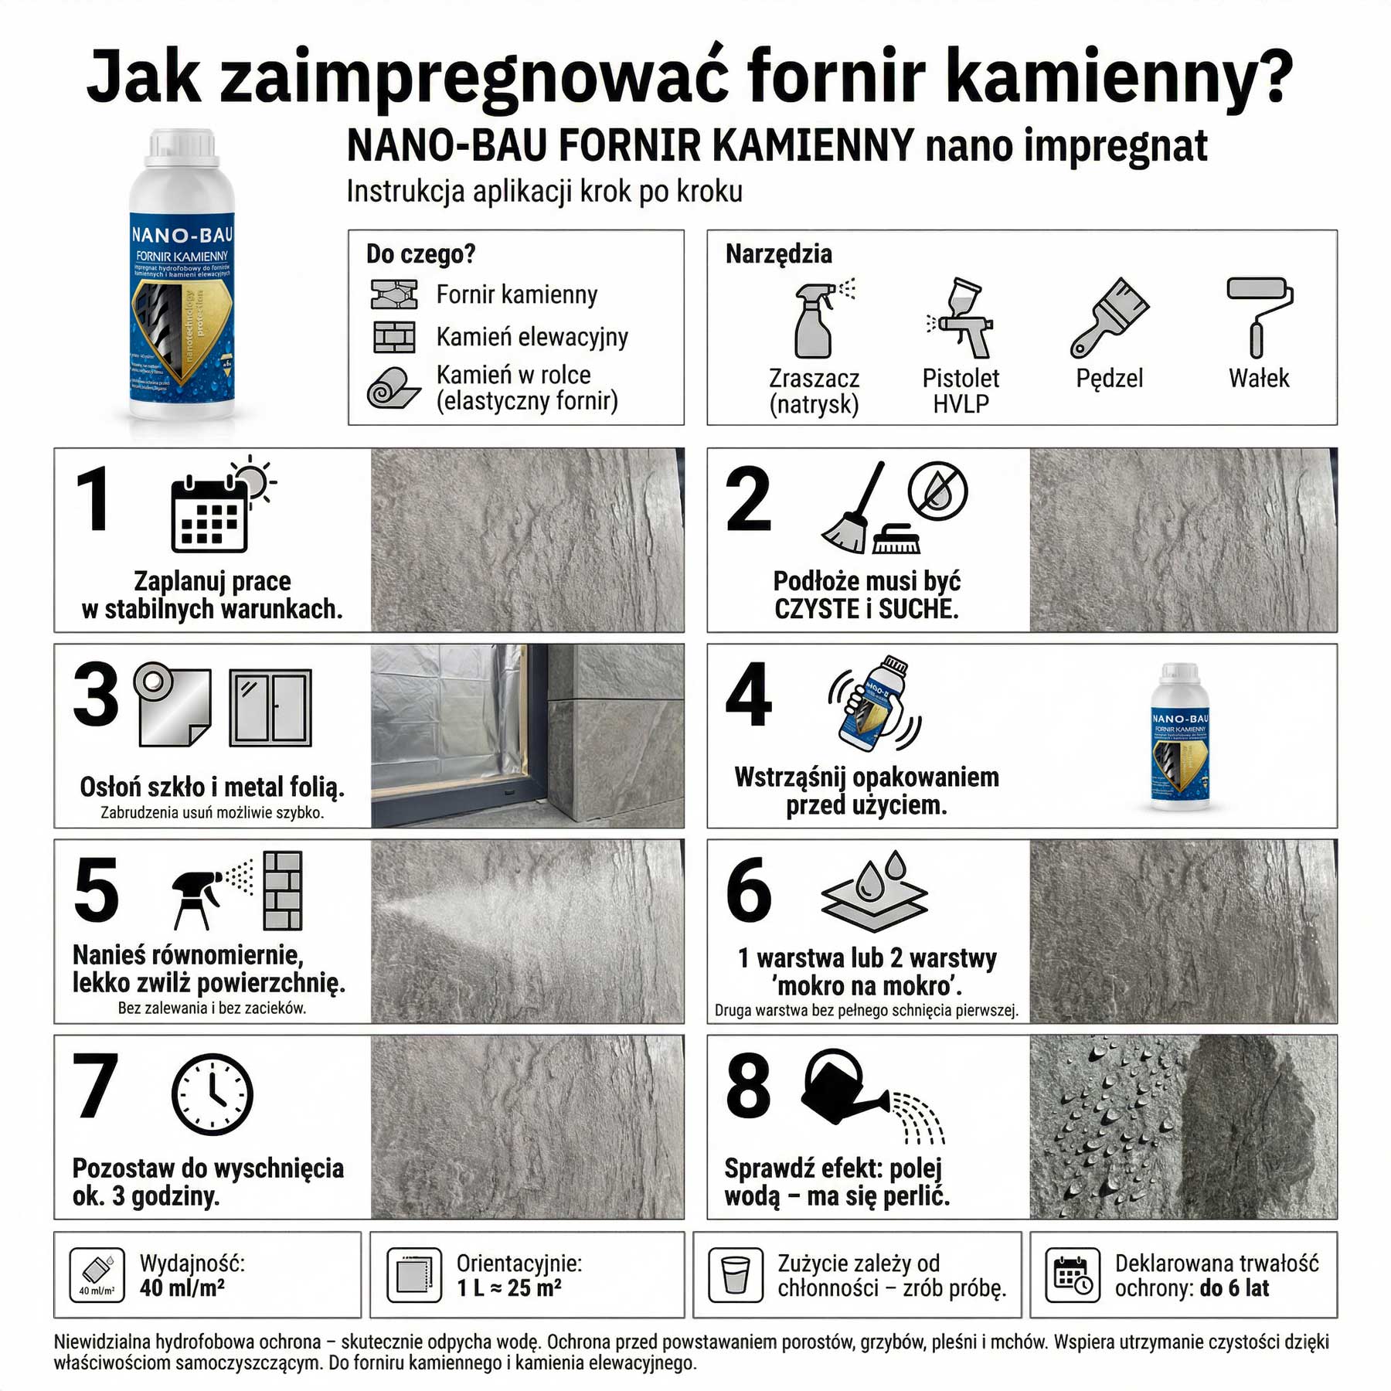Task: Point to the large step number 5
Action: click(x=97, y=890)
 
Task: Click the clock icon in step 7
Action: click(x=212, y=1093)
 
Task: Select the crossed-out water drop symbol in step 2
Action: click(x=937, y=491)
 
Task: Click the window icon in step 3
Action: click(x=270, y=708)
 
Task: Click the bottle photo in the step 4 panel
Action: click(x=1179, y=736)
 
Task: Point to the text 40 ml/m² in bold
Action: click(x=182, y=1288)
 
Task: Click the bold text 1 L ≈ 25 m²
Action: click(x=508, y=1288)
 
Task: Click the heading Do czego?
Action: click(x=420, y=253)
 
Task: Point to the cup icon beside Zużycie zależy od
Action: click(x=736, y=1274)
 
